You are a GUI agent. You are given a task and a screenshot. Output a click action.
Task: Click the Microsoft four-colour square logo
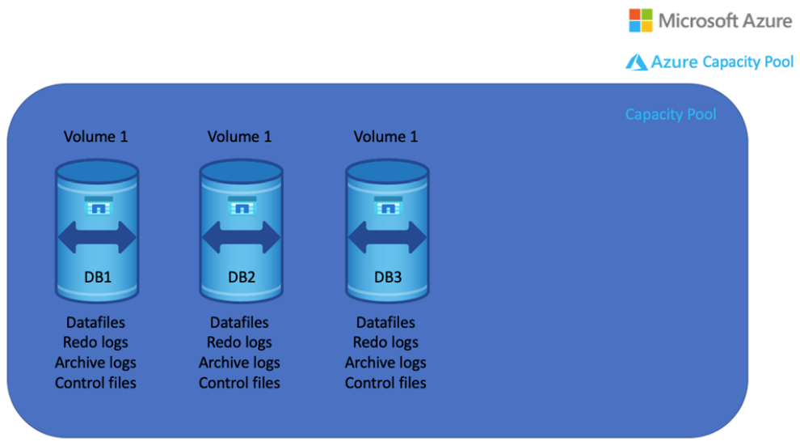pyautogui.click(x=641, y=20)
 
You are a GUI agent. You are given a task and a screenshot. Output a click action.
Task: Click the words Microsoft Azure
pyautogui.click(x=725, y=21)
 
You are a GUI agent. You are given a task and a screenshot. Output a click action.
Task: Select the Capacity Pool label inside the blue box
pyautogui.click(x=671, y=114)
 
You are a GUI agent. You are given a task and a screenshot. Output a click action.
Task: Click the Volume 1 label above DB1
pyautogui.click(x=95, y=137)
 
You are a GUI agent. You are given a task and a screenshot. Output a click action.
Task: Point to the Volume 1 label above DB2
pyautogui.click(x=239, y=137)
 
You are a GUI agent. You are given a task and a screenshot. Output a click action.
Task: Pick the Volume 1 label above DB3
pyautogui.click(x=385, y=137)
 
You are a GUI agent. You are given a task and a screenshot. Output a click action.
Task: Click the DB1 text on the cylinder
pyautogui.click(x=98, y=277)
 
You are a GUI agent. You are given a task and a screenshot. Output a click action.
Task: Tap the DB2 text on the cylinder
pyautogui.click(x=242, y=277)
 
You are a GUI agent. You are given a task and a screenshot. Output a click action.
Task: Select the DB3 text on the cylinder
pyautogui.click(x=387, y=277)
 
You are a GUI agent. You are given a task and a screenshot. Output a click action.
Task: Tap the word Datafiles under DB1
pyautogui.click(x=95, y=323)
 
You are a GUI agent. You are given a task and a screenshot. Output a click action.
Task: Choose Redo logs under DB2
pyautogui.click(x=239, y=342)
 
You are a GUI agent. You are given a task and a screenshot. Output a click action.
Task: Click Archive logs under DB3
pyautogui.click(x=385, y=363)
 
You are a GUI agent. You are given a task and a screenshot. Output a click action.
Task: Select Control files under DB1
pyautogui.click(x=95, y=383)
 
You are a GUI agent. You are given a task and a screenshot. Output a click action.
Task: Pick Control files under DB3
pyautogui.click(x=385, y=383)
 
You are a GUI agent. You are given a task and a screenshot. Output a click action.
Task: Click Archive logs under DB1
pyautogui.click(x=95, y=363)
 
